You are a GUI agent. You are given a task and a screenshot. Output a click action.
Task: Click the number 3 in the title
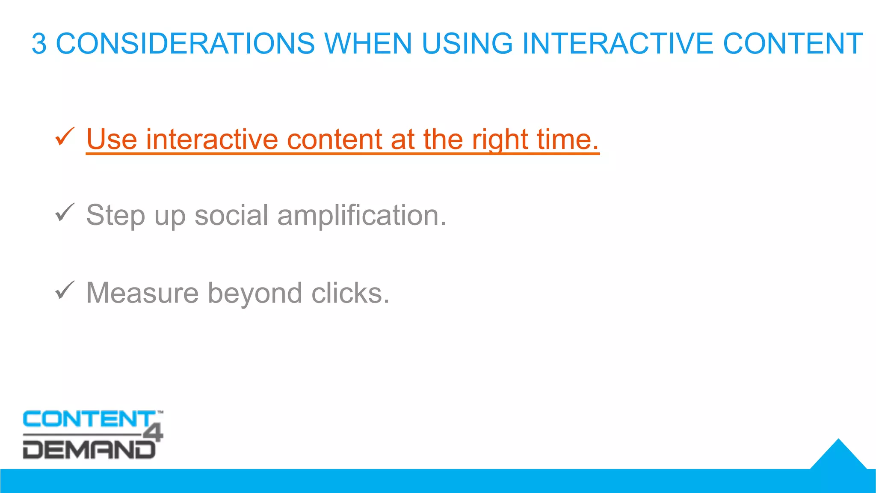point(39,44)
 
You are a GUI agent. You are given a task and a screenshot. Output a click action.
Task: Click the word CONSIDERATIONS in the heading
point(185,44)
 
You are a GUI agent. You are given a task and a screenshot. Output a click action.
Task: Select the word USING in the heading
point(467,44)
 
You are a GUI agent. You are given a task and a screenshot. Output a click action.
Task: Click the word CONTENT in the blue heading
point(793,44)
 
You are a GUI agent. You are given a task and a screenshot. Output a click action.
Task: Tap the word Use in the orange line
point(112,140)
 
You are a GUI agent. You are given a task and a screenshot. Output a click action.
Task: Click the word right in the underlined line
point(500,140)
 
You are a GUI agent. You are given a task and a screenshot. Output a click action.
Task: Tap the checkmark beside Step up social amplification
point(65,213)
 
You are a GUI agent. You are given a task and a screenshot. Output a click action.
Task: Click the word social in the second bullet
point(231,215)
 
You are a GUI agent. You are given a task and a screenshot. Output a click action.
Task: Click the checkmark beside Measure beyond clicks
point(65,291)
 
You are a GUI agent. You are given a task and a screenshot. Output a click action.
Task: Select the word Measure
point(142,293)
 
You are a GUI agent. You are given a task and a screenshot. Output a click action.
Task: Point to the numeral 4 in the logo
point(153,433)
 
